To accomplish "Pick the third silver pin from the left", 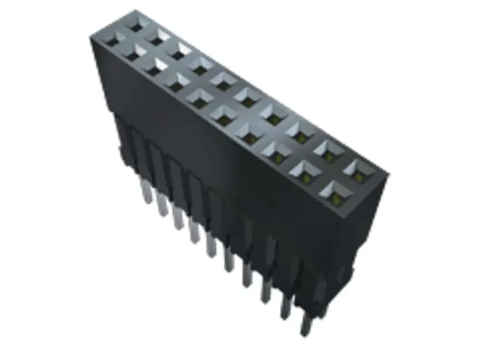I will tap(178, 219).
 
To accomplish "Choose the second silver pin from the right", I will tap(286, 306).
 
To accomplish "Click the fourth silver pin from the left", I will tap(194, 234).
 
